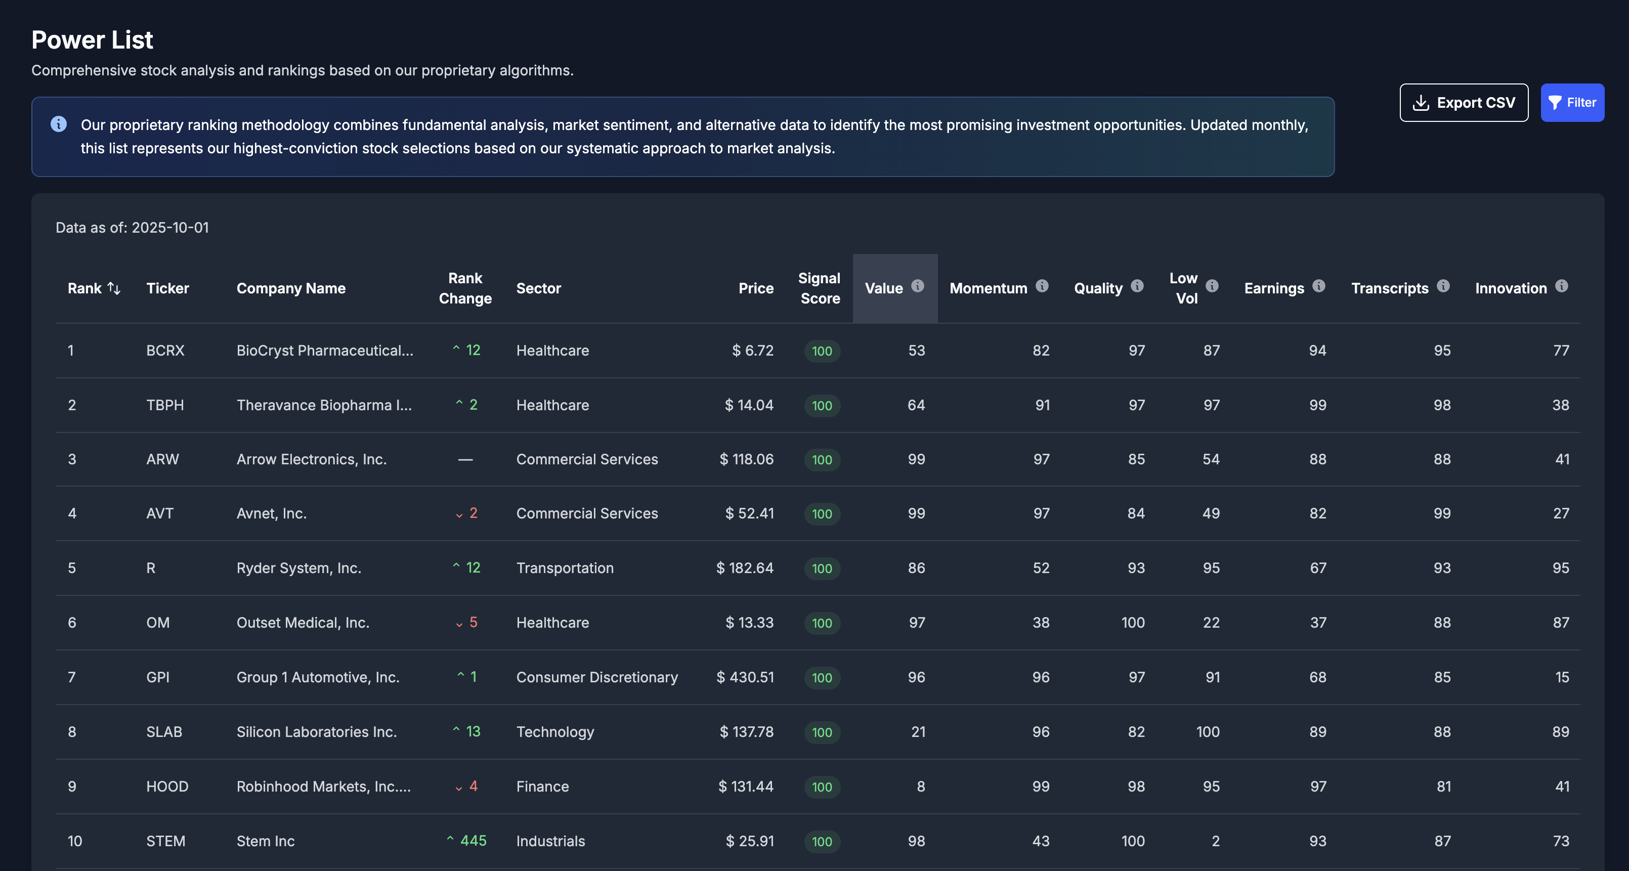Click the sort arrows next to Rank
click(x=114, y=288)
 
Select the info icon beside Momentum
click(x=1042, y=286)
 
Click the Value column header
click(x=884, y=288)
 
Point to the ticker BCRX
click(x=165, y=350)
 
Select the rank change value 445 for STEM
click(x=473, y=841)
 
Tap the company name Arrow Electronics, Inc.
click(x=311, y=459)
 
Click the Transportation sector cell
click(x=565, y=568)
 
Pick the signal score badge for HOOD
click(x=822, y=787)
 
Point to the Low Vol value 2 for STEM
click(x=1215, y=841)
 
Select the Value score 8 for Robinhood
click(x=920, y=787)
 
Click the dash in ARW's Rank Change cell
click(x=465, y=459)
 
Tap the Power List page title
click(x=92, y=40)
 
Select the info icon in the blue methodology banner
click(x=58, y=124)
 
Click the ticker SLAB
click(x=164, y=732)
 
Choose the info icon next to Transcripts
click(x=1442, y=286)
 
